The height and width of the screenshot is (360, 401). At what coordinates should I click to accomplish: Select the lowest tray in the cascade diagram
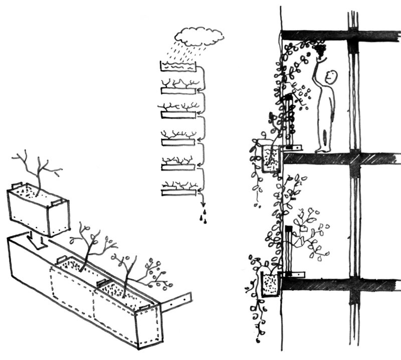(177, 192)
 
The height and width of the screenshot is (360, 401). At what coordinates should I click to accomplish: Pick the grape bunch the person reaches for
(320, 49)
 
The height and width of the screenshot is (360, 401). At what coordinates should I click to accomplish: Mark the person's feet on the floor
(323, 149)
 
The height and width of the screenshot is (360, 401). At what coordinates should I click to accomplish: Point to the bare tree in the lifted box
(38, 168)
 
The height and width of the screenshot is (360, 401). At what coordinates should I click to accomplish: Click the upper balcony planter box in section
(271, 157)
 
